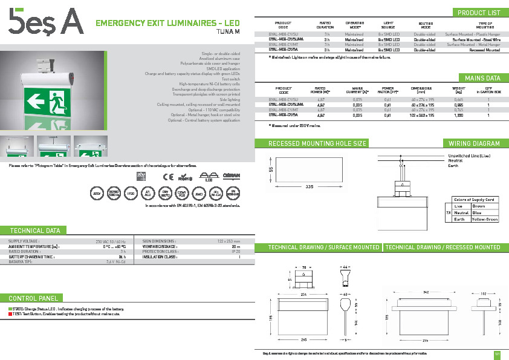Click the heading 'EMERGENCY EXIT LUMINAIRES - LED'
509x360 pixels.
(x=168, y=23)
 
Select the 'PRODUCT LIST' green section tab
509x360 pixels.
(x=479, y=13)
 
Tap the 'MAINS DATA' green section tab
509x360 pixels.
(x=482, y=78)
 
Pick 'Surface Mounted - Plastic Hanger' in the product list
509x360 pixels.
(x=473, y=34)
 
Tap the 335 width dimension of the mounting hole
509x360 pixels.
(x=309, y=186)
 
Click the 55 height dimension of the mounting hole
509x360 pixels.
(x=271, y=170)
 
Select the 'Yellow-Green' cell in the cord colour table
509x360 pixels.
(x=484, y=219)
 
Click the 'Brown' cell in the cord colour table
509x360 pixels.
(x=478, y=206)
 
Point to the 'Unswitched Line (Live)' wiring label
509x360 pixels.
(x=469, y=155)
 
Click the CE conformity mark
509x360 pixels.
(x=169, y=177)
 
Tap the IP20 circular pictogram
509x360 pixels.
(x=130, y=194)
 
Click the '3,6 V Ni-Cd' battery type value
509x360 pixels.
(x=115, y=262)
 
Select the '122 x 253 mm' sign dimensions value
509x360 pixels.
(x=227, y=241)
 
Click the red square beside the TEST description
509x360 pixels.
(x=10, y=314)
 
